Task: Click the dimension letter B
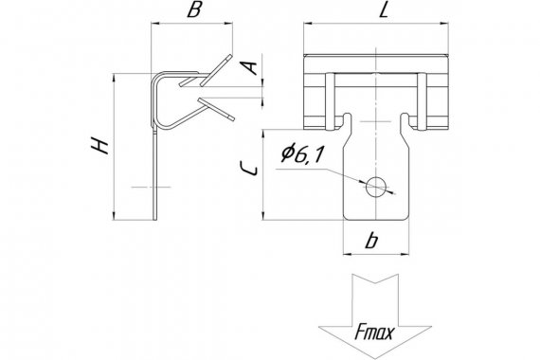click(194, 10)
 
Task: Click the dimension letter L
click(384, 10)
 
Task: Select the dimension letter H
click(99, 145)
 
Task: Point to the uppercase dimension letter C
click(248, 169)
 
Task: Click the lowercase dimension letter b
click(371, 241)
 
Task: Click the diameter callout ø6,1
click(302, 154)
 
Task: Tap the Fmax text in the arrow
click(374, 333)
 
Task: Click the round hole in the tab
click(376, 187)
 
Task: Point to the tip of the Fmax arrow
click(375, 358)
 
